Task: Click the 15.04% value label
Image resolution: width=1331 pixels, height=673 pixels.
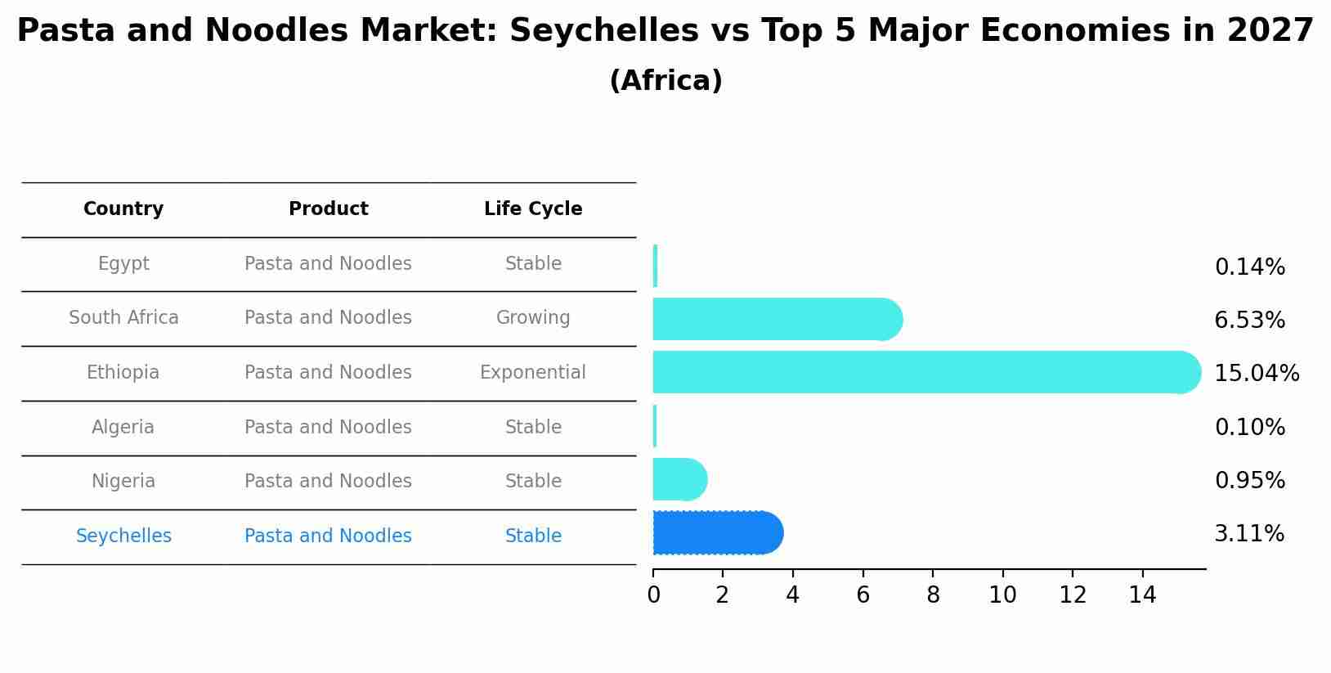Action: coord(1256,374)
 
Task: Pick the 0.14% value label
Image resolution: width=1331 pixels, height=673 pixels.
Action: coord(1249,267)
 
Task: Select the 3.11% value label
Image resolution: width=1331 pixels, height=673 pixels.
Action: coord(1249,534)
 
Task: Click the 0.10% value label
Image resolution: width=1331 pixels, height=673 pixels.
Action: coord(1249,428)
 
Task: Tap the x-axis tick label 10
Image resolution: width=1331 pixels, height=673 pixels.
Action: coord(1002,595)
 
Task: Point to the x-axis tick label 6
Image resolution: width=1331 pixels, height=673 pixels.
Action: coord(863,595)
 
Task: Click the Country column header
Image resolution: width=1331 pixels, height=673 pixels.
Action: coord(123,209)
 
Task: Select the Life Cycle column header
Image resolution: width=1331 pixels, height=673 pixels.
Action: coord(533,209)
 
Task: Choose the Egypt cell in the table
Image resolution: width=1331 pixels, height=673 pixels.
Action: coord(123,264)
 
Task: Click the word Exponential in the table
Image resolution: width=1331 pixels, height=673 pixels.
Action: coord(533,373)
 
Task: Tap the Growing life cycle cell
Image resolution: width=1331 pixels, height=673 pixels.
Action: coord(533,318)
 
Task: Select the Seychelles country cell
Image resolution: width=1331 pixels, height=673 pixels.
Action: coord(123,536)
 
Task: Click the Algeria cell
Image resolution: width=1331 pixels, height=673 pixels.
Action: coord(123,428)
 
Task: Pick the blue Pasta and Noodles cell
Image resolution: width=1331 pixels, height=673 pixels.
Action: coord(328,536)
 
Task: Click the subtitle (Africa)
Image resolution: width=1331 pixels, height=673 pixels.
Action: coord(665,81)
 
